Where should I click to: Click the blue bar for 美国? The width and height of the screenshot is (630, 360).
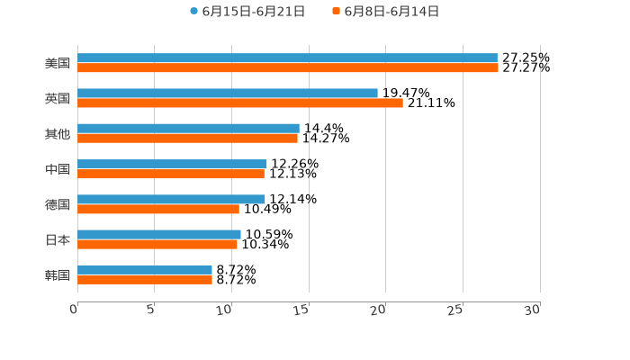pyautogui.click(x=287, y=58)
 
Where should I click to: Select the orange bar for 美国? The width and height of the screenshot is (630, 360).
pyautogui.click(x=288, y=67)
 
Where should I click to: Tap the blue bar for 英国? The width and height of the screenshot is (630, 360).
pyautogui.click(x=228, y=93)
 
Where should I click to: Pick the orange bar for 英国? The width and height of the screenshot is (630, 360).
pyautogui.click(x=240, y=103)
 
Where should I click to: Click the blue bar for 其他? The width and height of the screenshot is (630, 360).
pyautogui.click(x=188, y=128)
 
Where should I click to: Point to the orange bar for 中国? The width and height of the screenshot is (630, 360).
pyautogui.click(x=171, y=174)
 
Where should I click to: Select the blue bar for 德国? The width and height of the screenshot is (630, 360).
pyautogui.click(x=171, y=199)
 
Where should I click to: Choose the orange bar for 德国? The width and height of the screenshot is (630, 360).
pyautogui.click(x=158, y=209)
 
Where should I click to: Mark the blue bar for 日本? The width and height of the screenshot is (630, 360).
pyautogui.click(x=159, y=234)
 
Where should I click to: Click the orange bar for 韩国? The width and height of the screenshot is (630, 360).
pyautogui.click(x=145, y=279)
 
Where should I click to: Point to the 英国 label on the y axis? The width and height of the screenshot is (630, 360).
pyautogui.click(x=58, y=98)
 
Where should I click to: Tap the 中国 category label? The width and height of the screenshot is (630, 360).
pyautogui.click(x=58, y=169)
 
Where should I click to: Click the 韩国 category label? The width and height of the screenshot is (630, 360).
pyautogui.click(x=58, y=274)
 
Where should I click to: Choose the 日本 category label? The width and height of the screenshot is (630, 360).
pyautogui.click(x=58, y=239)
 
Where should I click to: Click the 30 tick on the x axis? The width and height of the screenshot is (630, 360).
pyautogui.click(x=533, y=310)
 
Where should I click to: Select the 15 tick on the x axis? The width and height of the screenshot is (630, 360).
pyautogui.click(x=302, y=310)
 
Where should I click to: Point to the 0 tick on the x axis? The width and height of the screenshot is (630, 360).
pyautogui.click(x=75, y=310)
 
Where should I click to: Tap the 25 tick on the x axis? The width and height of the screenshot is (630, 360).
pyautogui.click(x=456, y=310)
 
